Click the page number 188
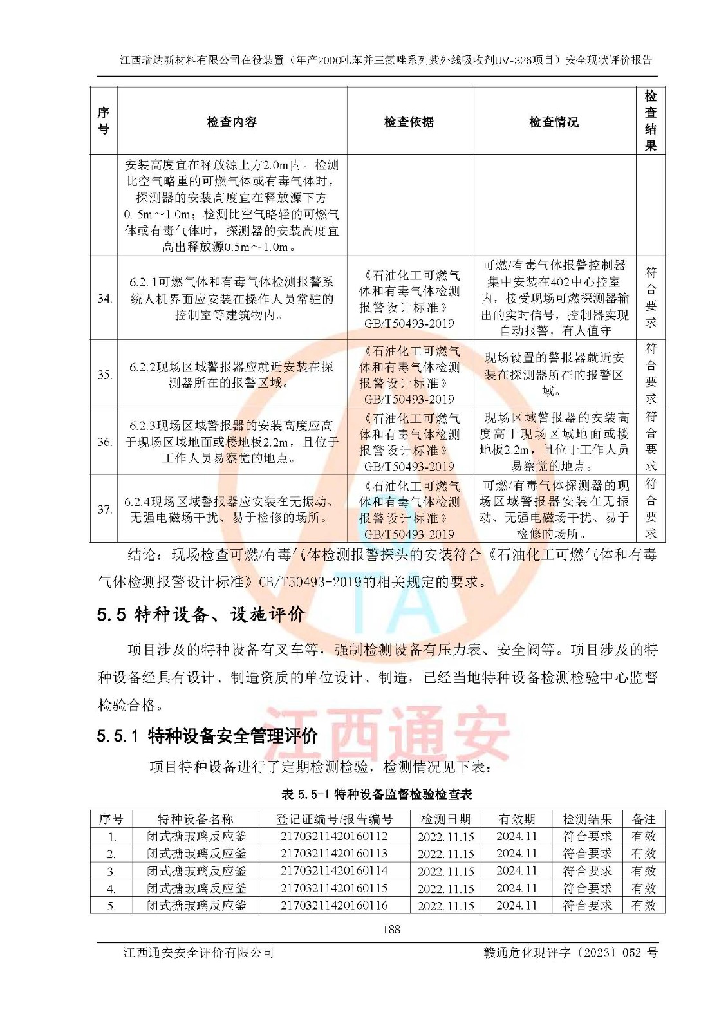click(x=391, y=929)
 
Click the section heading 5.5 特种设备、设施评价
click(x=201, y=614)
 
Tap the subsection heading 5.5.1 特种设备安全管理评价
click(x=207, y=736)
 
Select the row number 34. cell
click(x=104, y=298)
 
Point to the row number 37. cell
click(x=104, y=509)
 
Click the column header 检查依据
click(x=409, y=122)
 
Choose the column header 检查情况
click(x=554, y=122)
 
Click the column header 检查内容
click(x=232, y=122)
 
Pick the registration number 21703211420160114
click(x=334, y=871)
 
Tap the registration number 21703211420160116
click(x=334, y=905)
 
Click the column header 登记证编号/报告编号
click(x=334, y=819)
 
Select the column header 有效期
click(x=516, y=819)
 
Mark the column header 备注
click(x=644, y=819)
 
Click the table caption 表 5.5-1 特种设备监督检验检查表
click(x=377, y=794)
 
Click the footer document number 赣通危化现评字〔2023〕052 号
click(x=570, y=953)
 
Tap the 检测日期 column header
click(x=445, y=819)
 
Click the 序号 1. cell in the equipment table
click(x=111, y=837)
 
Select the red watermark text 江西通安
click(x=386, y=734)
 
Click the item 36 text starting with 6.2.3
click(x=232, y=442)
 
